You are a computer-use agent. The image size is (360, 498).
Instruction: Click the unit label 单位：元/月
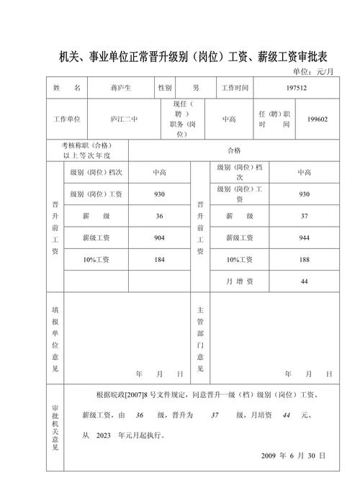click(x=315, y=72)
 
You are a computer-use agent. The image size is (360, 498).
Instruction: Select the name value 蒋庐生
click(x=119, y=88)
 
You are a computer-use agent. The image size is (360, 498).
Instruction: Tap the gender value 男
click(x=196, y=88)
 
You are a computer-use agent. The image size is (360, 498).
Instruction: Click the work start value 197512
click(x=296, y=88)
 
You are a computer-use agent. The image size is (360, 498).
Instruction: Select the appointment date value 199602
click(x=317, y=119)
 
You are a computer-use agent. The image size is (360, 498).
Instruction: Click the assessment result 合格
click(x=234, y=150)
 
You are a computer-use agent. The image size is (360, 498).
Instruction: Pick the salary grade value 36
click(x=159, y=216)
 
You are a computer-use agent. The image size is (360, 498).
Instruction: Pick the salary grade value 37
click(x=304, y=216)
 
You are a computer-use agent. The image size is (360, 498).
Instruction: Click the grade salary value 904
click(x=159, y=237)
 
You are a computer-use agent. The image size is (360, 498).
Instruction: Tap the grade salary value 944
click(x=304, y=237)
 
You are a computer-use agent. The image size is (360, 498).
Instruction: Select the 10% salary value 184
click(x=159, y=259)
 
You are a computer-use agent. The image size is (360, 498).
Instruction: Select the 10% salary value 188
click(x=304, y=259)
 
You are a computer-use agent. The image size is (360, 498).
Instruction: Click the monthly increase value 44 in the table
click(x=304, y=281)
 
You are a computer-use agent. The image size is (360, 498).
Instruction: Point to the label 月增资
click(x=240, y=281)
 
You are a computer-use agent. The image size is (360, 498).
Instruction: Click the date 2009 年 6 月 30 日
click(x=293, y=456)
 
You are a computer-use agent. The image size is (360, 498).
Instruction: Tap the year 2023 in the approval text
click(x=104, y=435)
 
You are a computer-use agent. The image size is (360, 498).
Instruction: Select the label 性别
click(x=166, y=88)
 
